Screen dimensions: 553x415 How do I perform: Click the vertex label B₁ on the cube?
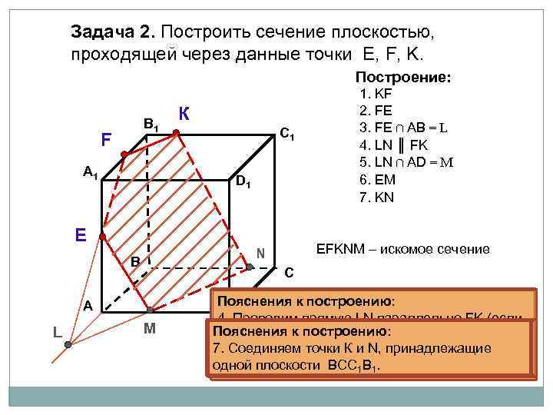pyautogui.click(x=151, y=123)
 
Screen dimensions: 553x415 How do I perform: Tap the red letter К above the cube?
pyautogui.click(x=184, y=113)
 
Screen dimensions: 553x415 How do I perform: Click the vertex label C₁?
pyautogui.click(x=288, y=134)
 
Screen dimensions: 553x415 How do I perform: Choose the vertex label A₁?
pyautogui.click(x=91, y=172)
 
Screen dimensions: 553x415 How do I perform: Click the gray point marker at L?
pyautogui.click(x=68, y=345)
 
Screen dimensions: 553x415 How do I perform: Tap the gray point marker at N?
pyautogui.click(x=250, y=267)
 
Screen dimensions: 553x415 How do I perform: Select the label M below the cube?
pyautogui.click(x=151, y=331)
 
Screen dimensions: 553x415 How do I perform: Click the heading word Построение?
pyautogui.click(x=402, y=78)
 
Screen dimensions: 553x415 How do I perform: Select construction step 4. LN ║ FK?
pyautogui.click(x=398, y=144)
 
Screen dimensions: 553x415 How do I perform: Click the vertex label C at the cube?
pyautogui.click(x=289, y=272)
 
